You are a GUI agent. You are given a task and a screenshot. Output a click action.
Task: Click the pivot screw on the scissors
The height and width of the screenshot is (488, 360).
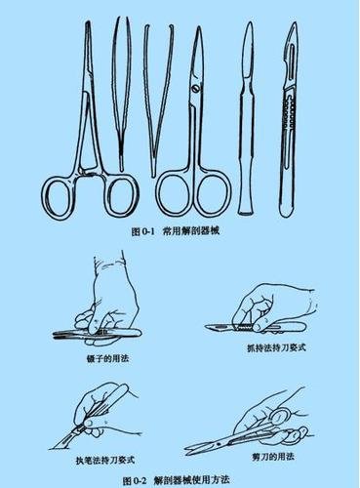(196, 88)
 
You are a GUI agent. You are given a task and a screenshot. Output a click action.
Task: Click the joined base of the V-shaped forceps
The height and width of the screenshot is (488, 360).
(153, 172)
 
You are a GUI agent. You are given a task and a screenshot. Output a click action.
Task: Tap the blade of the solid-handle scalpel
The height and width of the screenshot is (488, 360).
(250, 52)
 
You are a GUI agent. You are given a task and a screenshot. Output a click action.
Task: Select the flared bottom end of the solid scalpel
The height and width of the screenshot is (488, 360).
(247, 210)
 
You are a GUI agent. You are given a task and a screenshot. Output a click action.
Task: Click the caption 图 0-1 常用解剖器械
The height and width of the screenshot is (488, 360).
(176, 231)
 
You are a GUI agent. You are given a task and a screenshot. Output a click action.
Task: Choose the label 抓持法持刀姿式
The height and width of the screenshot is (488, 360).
(276, 347)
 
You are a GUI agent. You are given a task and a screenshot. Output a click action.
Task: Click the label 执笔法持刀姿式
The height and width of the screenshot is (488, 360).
(105, 460)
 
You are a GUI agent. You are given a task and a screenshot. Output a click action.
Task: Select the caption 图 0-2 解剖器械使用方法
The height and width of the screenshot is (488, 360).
(177, 480)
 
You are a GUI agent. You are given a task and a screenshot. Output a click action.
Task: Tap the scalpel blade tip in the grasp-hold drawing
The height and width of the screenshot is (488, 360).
(206, 326)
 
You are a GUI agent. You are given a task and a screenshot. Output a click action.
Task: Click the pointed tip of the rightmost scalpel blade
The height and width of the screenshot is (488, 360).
(295, 22)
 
